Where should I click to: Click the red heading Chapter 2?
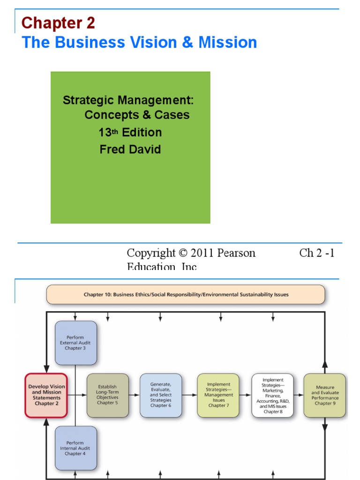[58, 22]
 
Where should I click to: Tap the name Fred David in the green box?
[130, 150]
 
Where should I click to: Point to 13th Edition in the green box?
[130, 133]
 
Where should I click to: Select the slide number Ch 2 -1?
[317, 253]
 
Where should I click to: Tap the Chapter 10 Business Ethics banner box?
[186, 295]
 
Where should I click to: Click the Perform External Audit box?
[76, 343]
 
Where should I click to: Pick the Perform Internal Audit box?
[76, 448]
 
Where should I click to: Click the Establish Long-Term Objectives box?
[107, 395]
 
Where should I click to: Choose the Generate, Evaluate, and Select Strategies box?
[160, 395]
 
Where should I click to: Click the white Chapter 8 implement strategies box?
[272, 395]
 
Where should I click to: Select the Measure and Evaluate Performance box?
[324, 395]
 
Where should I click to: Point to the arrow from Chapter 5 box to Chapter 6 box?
[134, 395]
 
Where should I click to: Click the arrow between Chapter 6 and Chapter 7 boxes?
[189, 395]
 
